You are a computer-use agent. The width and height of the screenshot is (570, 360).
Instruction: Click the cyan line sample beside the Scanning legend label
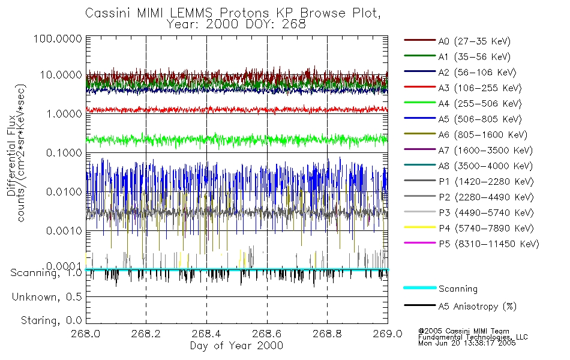(x=419, y=288)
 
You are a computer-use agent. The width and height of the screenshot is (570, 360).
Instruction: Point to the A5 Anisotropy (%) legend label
(x=477, y=307)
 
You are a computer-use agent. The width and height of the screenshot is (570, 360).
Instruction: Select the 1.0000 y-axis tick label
(x=62, y=113)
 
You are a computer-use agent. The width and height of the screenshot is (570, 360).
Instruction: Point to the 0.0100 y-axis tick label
(x=62, y=191)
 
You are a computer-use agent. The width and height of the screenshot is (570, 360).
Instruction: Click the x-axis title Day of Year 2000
(x=236, y=346)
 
